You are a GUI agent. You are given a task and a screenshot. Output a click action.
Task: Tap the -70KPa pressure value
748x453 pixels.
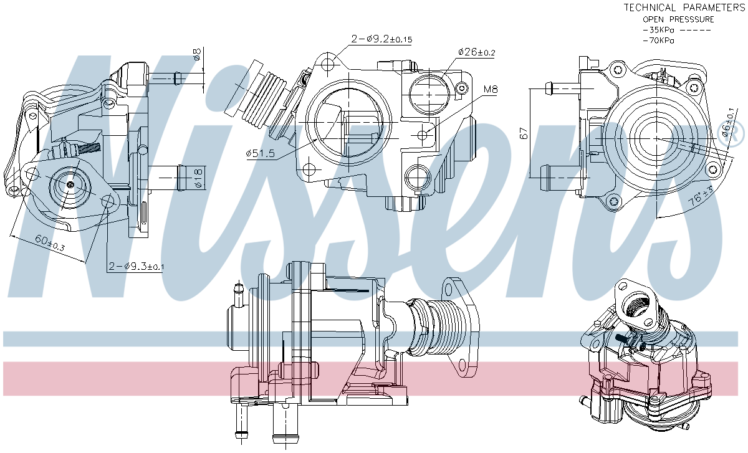pos(658,41)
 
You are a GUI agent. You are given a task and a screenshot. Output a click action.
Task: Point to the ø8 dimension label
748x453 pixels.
pos(197,55)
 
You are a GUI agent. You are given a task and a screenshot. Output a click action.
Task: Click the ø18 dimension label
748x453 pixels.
pos(197,178)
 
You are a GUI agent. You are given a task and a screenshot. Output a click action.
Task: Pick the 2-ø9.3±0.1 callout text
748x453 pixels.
pos(136,267)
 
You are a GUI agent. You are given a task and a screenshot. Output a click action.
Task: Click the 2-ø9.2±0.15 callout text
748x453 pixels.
pos(381,39)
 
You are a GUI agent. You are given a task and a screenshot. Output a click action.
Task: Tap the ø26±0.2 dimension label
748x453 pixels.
pos(476,52)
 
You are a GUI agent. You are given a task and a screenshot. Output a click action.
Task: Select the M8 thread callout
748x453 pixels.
pos(491,90)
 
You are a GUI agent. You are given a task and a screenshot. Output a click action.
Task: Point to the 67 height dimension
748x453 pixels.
pos(524,133)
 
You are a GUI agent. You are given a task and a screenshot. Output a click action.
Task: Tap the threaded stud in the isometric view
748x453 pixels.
pos(623,339)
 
